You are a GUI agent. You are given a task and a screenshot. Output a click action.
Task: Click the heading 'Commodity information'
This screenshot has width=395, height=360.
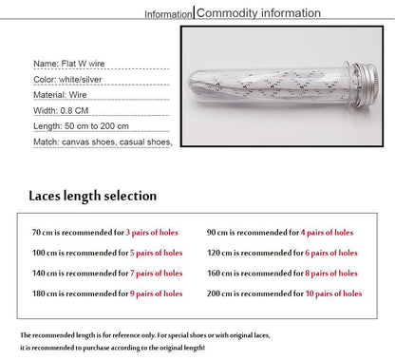257,13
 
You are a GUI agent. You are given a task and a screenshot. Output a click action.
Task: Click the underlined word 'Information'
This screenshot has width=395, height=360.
167,15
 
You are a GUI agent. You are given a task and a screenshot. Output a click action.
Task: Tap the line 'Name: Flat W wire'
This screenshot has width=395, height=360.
66,63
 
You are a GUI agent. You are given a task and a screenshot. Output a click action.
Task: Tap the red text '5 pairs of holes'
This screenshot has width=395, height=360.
157,254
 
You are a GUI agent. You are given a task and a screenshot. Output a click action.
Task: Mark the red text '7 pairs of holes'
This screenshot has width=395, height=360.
157,274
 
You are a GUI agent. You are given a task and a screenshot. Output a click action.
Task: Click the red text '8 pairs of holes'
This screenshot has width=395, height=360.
332,274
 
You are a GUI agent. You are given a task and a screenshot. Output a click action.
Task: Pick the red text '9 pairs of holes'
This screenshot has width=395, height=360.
157,294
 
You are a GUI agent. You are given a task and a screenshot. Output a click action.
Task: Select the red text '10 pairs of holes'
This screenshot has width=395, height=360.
333,294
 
